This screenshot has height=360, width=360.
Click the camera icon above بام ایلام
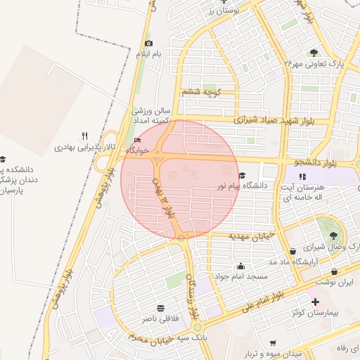pos(148,44)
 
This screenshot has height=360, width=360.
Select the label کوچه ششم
pos(202,92)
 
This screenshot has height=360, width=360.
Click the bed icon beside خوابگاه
pos(136,140)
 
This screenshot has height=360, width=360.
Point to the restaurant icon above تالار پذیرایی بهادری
pos(84,136)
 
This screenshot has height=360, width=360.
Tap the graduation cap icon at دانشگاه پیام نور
pos(242,175)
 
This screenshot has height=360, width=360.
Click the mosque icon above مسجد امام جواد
pos(241,266)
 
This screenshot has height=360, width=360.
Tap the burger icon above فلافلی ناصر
pos(161,308)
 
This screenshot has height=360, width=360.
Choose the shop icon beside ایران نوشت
pos(334,272)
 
